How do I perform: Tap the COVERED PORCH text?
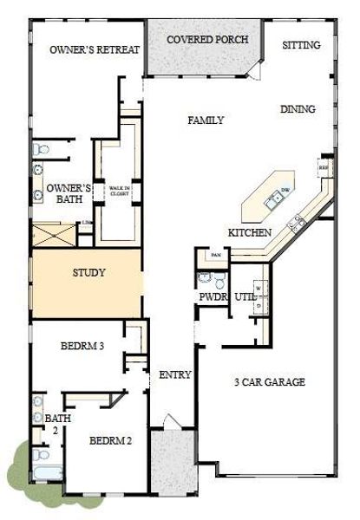(x=207, y=40)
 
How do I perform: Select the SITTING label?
(x=301, y=44)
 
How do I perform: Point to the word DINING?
(x=298, y=109)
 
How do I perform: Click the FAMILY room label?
(x=206, y=120)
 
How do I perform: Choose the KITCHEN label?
(x=250, y=233)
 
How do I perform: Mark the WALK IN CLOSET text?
(x=120, y=190)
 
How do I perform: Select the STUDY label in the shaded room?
(x=88, y=272)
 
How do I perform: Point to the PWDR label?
(x=213, y=296)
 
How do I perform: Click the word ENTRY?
(x=175, y=375)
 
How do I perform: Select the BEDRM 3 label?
(x=82, y=347)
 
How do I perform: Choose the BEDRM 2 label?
(x=110, y=441)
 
